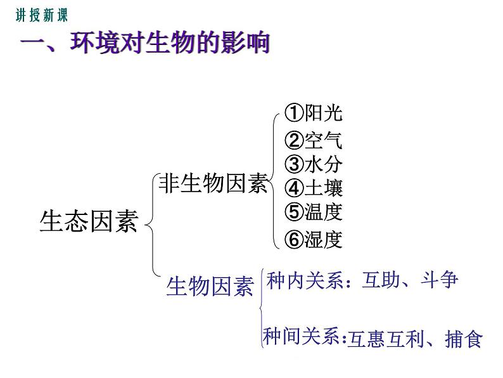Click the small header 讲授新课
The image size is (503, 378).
(x=41, y=16)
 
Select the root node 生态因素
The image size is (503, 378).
(x=88, y=222)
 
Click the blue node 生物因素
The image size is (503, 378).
(x=210, y=287)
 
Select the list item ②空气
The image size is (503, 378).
(x=313, y=140)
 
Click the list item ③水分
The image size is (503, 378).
(x=313, y=164)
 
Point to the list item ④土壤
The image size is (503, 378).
(x=313, y=188)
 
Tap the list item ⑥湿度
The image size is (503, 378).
(x=313, y=240)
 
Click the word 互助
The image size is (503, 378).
(x=379, y=280)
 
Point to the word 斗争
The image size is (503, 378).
(x=438, y=280)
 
